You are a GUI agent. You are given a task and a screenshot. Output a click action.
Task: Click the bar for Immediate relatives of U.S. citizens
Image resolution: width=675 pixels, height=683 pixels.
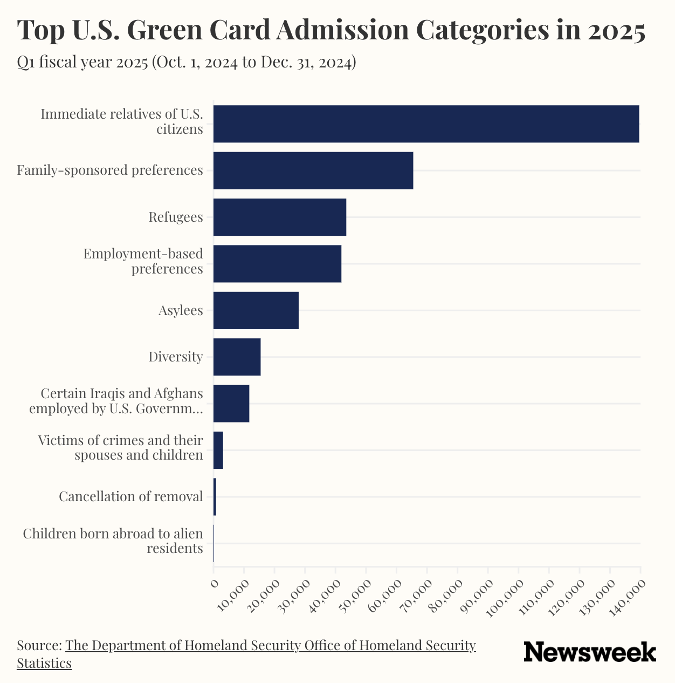426,124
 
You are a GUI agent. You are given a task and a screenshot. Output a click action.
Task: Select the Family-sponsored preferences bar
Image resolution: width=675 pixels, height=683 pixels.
313,170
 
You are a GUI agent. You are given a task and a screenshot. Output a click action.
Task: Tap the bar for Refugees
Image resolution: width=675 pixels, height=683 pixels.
280,217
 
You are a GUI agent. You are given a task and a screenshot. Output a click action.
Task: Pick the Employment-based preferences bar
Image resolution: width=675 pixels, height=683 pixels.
277,264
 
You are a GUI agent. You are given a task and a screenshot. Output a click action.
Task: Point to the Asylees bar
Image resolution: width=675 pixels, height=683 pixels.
256,310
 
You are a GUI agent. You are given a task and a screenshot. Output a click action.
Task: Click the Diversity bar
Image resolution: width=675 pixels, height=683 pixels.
237,357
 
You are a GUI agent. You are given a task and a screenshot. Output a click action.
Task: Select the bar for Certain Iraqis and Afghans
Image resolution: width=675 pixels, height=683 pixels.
231,404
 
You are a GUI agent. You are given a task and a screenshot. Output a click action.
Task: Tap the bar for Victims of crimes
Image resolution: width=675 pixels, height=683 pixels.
218,450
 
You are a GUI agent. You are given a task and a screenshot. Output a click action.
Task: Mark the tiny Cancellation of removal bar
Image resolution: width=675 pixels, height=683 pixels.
215,496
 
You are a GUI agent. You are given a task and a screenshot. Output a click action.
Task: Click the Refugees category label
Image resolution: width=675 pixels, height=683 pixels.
176,217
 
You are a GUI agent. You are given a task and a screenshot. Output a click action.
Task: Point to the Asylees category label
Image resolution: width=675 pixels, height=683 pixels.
181,311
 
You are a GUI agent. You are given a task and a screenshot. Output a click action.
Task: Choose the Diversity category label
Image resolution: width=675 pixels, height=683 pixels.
176,357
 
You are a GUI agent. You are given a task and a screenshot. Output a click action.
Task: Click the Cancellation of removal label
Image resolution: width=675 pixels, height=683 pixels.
131,496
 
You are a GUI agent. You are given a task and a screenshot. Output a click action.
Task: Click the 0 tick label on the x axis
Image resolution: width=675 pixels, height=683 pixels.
214,583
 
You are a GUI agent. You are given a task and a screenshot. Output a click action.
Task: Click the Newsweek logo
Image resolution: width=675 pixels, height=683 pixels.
590,652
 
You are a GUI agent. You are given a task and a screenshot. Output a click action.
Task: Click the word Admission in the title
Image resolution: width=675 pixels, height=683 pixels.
342,30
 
